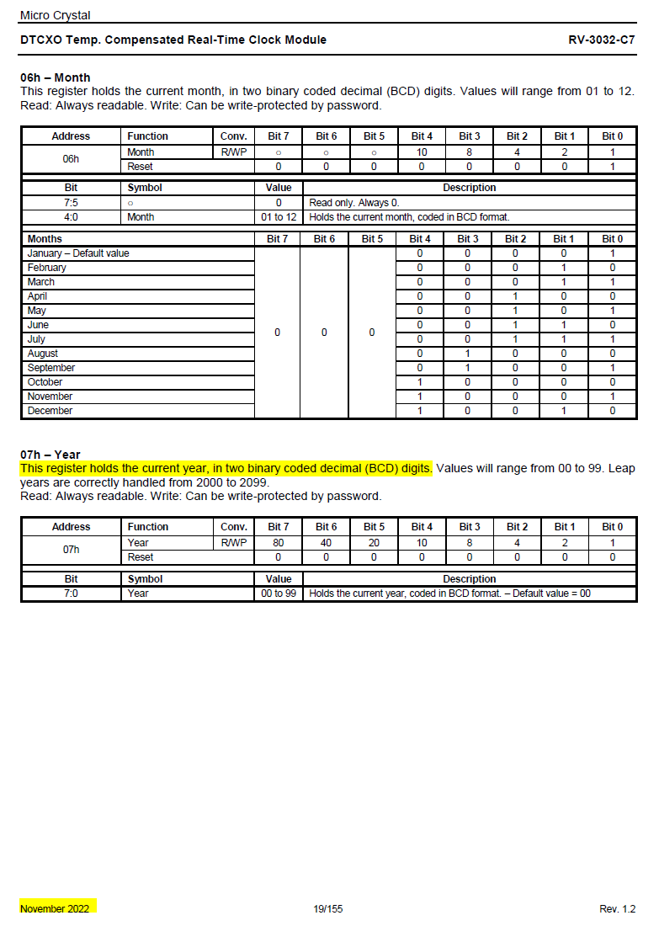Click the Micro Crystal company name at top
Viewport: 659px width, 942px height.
55,15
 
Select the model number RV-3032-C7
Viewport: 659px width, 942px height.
602,40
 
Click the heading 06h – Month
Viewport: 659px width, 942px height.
56,77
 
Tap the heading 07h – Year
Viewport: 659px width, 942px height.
50,455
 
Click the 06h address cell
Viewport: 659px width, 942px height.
71,159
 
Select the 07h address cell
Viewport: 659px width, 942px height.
71,550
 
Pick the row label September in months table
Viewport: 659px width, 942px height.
51,368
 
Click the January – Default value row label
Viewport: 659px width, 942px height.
78,253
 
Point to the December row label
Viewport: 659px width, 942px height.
50,411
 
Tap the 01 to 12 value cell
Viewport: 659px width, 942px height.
279,217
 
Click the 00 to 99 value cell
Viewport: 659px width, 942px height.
279,593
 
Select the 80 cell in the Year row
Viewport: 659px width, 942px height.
279,543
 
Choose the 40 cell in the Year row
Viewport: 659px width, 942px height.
327,543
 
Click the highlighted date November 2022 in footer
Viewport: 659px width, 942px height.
55,909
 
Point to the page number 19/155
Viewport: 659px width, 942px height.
328,909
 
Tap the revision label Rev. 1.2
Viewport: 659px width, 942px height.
617,909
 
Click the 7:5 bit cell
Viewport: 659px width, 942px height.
71,203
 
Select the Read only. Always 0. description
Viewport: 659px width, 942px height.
354,203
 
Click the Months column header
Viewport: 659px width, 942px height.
45,239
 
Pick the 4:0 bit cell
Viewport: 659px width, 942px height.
71,217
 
